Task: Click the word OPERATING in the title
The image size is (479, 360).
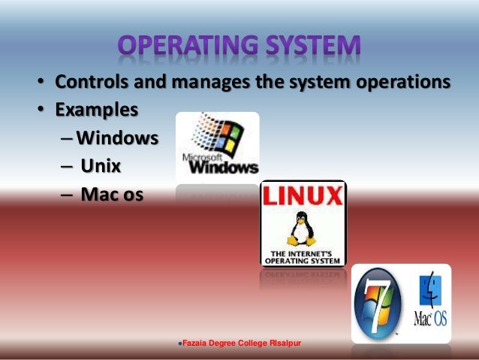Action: (178, 46)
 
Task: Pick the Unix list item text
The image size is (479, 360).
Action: (101, 167)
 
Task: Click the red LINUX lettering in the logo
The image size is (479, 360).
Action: (303, 198)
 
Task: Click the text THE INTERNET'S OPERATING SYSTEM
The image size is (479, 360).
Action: (303, 256)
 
